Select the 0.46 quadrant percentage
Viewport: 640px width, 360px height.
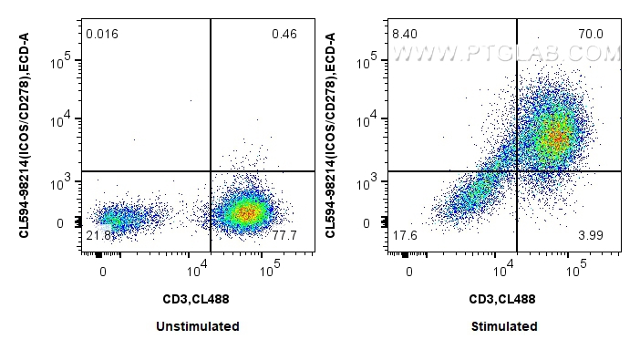pyautogui.click(x=284, y=35)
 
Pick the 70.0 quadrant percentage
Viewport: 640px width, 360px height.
pyautogui.click(x=591, y=35)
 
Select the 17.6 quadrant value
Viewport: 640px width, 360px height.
pyautogui.click(x=404, y=236)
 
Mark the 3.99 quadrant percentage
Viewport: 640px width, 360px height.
pyautogui.click(x=591, y=236)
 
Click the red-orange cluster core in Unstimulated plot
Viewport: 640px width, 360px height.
pyautogui.click(x=245, y=212)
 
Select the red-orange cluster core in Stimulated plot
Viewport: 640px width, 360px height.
pyautogui.click(x=552, y=137)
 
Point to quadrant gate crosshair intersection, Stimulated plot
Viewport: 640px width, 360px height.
pyautogui.click(x=517, y=170)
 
